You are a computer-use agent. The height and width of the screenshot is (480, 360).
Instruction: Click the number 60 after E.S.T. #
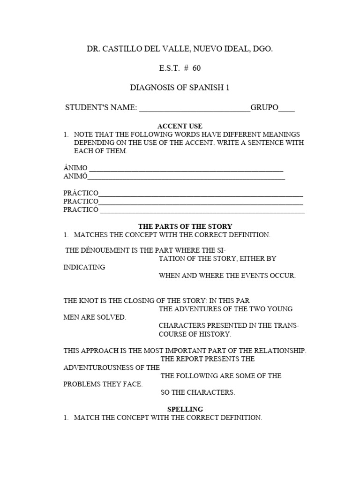point(196,68)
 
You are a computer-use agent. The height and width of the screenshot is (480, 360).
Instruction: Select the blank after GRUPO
point(287,109)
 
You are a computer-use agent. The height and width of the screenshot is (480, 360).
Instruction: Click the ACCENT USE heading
point(180,126)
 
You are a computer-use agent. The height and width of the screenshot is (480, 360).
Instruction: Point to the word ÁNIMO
point(75,168)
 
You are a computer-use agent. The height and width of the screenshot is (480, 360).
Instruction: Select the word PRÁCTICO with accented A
point(81,193)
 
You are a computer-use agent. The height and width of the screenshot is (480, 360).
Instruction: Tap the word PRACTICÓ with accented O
point(81,210)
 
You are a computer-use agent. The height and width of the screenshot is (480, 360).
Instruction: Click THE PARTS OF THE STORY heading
point(185,226)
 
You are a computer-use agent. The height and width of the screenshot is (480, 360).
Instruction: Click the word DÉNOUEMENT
point(101,250)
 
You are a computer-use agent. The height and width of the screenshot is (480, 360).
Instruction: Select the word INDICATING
point(84,267)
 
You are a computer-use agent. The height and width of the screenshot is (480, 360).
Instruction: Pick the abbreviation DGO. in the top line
point(262,49)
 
